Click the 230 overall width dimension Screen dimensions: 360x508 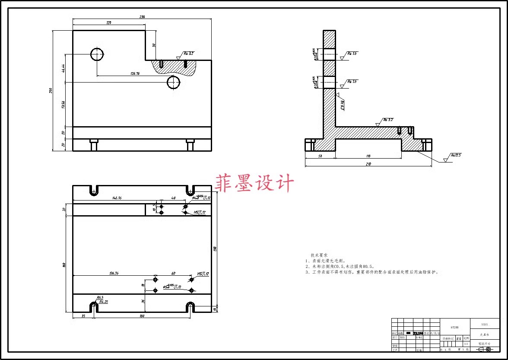[142, 17]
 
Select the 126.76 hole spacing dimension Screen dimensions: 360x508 [135, 73]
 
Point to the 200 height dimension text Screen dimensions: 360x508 [51, 90]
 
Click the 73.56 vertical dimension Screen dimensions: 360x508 [63, 105]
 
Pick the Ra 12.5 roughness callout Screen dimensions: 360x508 [456, 155]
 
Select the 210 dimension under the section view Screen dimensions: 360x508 [368, 164]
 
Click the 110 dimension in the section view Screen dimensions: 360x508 [368, 156]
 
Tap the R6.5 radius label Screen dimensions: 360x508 [100, 297]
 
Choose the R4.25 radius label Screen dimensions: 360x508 [104, 302]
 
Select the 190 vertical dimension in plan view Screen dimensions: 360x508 [215, 248]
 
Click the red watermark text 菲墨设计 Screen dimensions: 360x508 [255, 183]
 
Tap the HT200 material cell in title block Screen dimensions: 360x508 [454, 328]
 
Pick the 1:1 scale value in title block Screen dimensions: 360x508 [466, 344]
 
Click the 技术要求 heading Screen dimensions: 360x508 [319, 255]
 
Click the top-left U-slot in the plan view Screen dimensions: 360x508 [93, 190]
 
